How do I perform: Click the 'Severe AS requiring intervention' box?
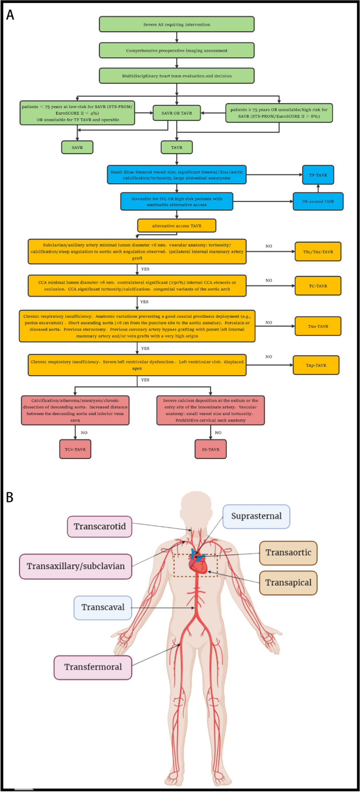(x=176, y=24)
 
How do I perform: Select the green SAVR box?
(x=77, y=147)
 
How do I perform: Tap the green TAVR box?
(x=176, y=147)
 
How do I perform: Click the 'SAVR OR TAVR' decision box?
(x=176, y=113)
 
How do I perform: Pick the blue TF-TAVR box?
(x=318, y=175)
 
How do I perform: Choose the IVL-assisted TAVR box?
(x=318, y=202)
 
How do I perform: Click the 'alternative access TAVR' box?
(x=176, y=226)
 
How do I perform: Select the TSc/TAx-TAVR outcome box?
(x=318, y=252)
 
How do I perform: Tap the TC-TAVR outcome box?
(x=318, y=286)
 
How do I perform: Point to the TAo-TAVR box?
(x=318, y=326)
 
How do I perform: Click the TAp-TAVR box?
(x=316, y=365)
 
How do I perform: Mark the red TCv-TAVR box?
(x=75, y=449)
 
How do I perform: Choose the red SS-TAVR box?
(x=211, y=449)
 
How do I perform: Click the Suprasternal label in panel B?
(x=256, y=516)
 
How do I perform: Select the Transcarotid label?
(x=100, y=526)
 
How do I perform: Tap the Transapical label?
(x=288, y=582)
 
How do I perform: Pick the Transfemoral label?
(x=93, y=667)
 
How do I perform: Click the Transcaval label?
(x=103, y=607)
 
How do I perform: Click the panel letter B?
(x=10, y=497)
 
